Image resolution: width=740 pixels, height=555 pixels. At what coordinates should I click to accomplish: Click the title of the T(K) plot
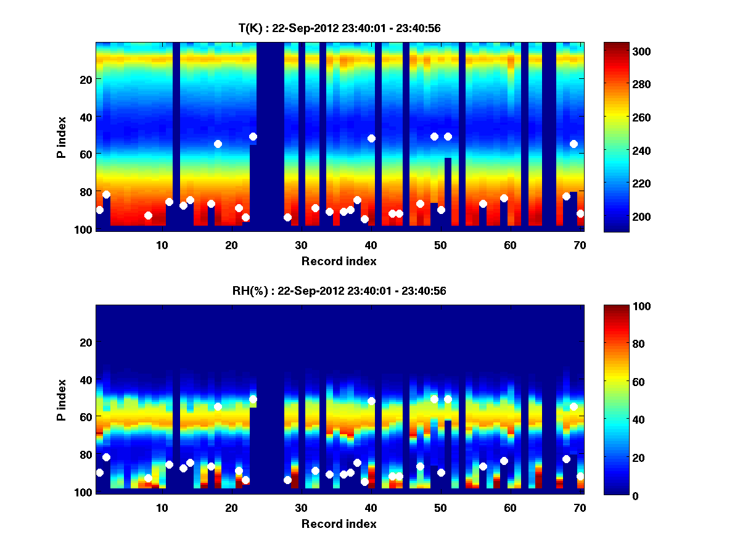click(339, 28)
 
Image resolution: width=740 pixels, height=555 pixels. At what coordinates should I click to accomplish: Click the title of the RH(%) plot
click(339, 290)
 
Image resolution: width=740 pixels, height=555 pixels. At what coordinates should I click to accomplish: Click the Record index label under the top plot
click(339, 261)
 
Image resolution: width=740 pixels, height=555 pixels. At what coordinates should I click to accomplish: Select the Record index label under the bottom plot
click(339, 524)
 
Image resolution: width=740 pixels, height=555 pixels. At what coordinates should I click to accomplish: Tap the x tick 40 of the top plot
click(371, 245)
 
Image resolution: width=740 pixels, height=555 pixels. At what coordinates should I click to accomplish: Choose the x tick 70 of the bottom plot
click(580, 508)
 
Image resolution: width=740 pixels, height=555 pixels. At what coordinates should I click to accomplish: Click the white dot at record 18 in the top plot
click(218, 144)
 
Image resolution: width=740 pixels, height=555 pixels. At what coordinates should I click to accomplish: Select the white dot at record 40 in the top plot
click(371, 138)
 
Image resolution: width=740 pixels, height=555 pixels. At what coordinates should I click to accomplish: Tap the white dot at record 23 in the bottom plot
click(253, 400)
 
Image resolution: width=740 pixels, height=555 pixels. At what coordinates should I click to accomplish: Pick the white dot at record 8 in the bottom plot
click(148, 478)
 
